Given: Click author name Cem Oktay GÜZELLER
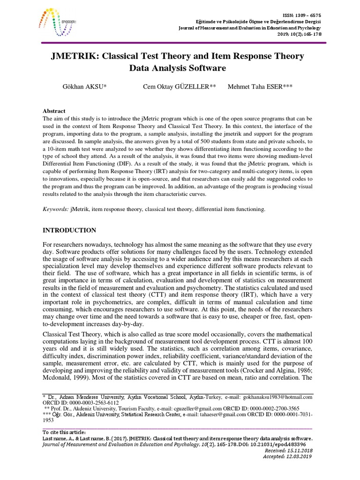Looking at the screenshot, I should [180, 87].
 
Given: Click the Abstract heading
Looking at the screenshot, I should [54, 111].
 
